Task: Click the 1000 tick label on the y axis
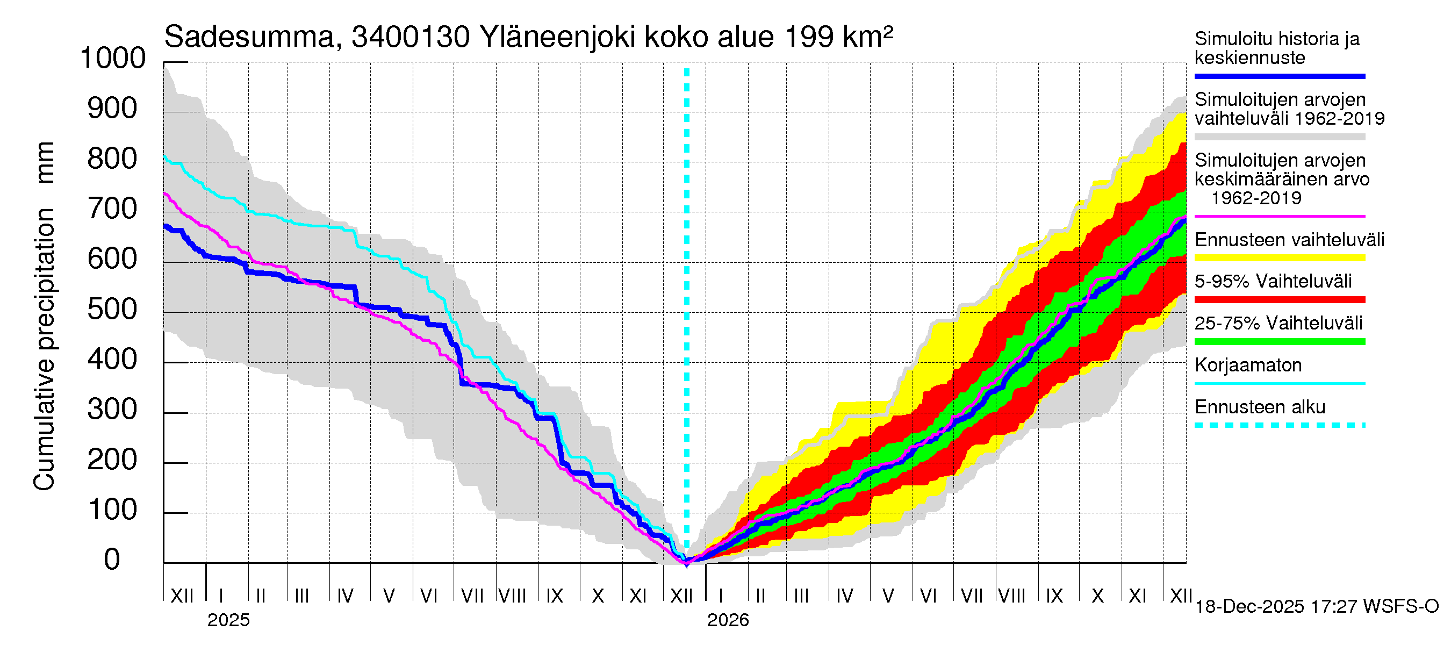(x=113, y=59)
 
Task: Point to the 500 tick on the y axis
(x=113, y=309)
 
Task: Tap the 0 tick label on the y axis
(x=112, y=560)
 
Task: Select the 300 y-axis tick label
(x=113, y=410)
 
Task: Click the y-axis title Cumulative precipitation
(x=44, y=349)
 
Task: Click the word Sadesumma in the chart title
(x=249, y=37)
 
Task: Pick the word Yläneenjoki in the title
(x=558, y=37)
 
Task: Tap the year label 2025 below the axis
(x=228, y=620)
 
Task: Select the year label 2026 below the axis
(x=728, y=620)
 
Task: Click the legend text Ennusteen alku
(x=1260, y=407)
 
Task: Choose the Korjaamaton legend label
(x=1248, y=365)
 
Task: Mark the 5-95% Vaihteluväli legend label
(x=1273, y=281)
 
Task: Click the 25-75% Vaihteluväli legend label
(x=1278, y=323)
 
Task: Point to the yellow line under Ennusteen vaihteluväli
(x=1280, y=258)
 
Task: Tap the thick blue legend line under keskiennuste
(x=1280, y=76)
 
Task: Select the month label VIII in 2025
(x=513, y=596)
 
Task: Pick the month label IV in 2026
(x=844, y=596)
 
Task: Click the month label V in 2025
(x=389, y=596)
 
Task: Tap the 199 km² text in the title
(x=838, y=37)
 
